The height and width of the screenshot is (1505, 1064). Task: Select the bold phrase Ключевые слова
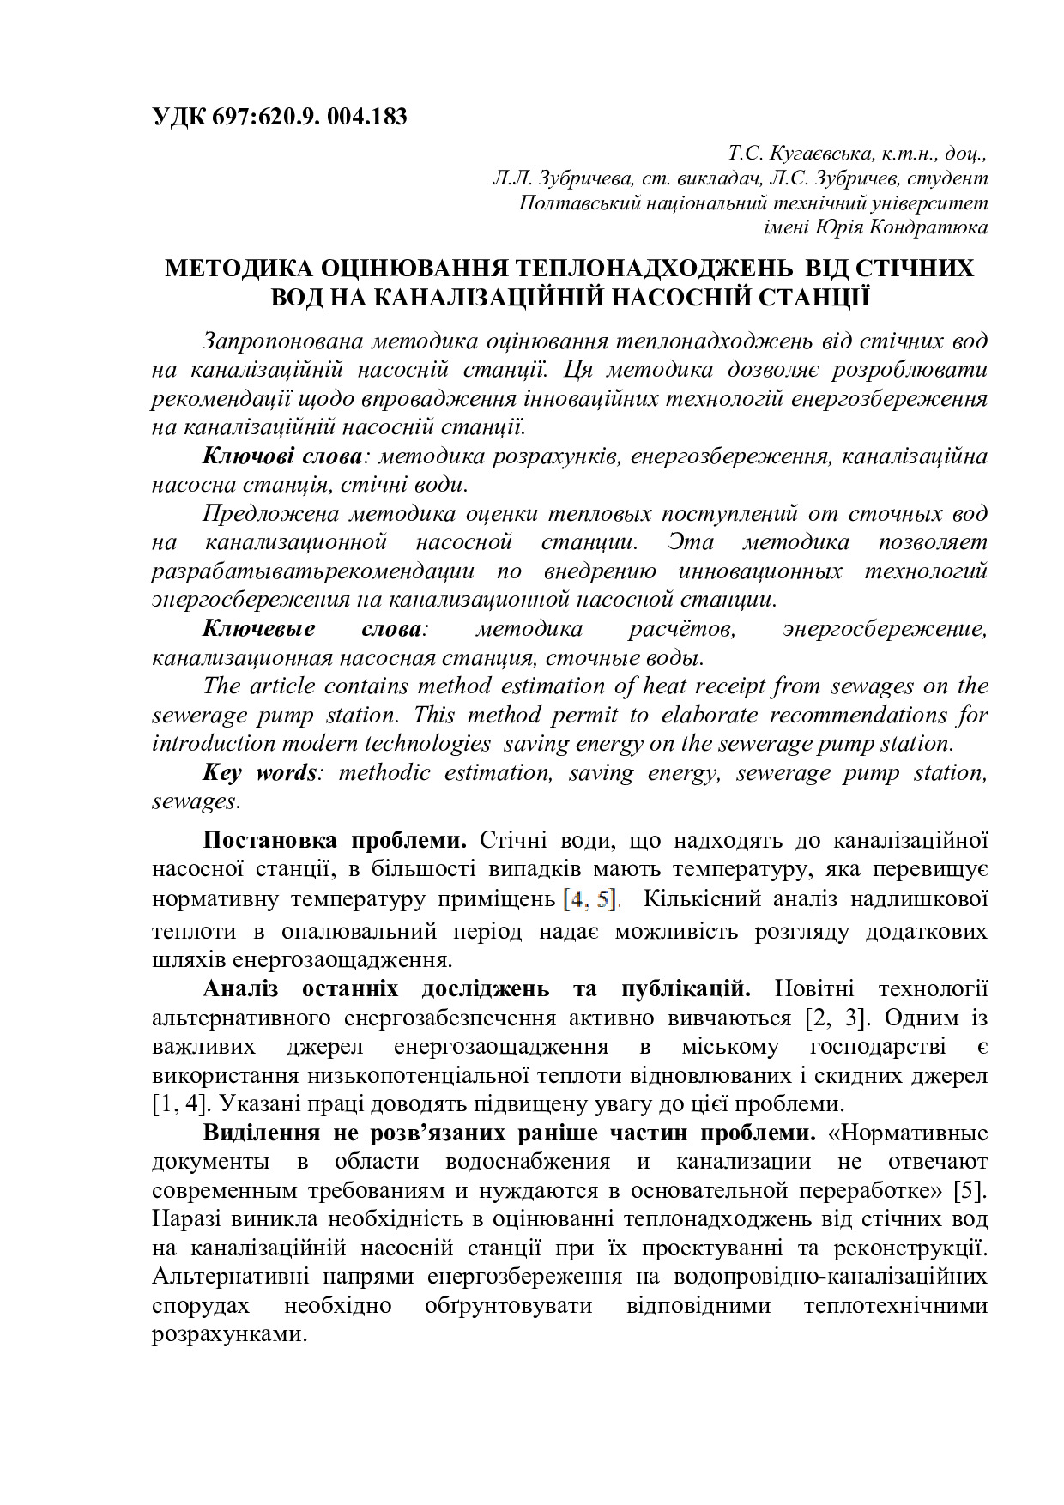tap(312, 629)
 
